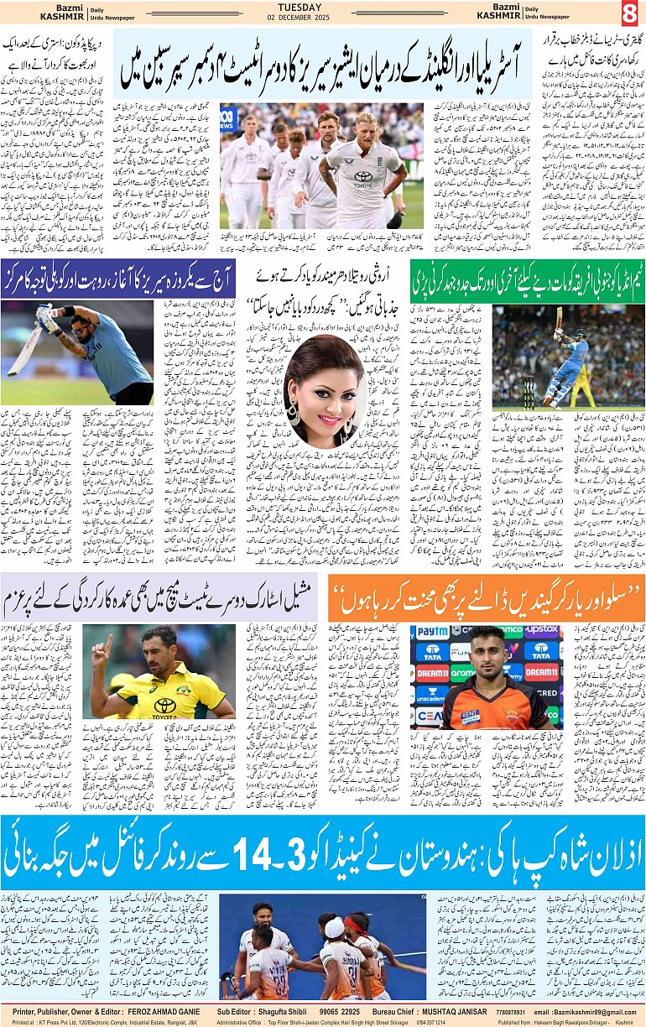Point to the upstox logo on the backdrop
pyautogui.click(x=542, y=629)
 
